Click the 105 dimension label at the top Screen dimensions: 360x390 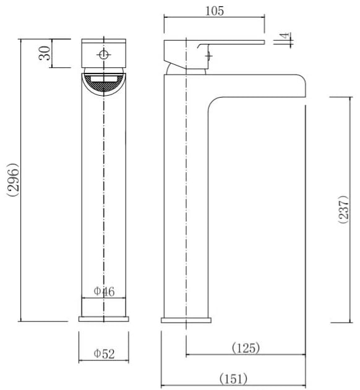click(x=215, y=11)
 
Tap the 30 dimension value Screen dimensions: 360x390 click(x=45, y=53)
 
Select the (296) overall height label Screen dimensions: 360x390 click(x=12, y=180)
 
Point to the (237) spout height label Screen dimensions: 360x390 click(x=343, y=210)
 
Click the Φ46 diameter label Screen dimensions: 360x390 click(x=104, y=292)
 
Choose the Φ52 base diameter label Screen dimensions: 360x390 click(x=104, y=354)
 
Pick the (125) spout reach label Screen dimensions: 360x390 click(x=246, y=348)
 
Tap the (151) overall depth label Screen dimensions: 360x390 click(x=233, y=379)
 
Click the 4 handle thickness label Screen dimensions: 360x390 click(x=285, y=36)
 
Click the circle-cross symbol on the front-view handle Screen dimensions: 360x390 click(x=103, y=54)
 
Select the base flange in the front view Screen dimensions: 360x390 click(x=104, y=319)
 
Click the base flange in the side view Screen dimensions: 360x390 click(x=186, y=320)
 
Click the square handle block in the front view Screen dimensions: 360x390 click(x=104, y=53)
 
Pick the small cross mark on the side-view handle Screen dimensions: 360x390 click(x=209, y=56)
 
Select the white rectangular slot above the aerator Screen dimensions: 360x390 click(x=104, y=79)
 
